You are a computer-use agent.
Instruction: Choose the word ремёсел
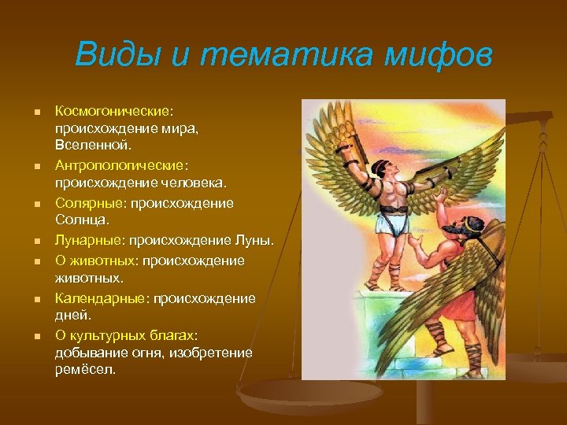[x=85, y=369]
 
